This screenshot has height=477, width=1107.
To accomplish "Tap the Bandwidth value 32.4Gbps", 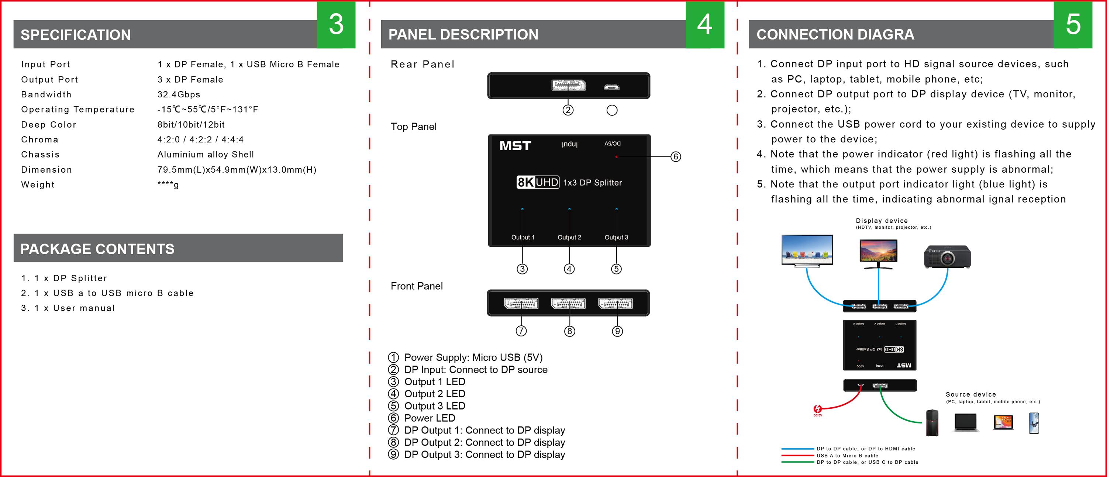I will (x=179, y=94).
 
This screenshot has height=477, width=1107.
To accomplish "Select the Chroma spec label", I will (x=39, y=140).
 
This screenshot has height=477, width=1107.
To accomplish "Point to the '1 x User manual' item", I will (x=75, y=308).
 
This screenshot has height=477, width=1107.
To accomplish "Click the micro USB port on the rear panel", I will (x=611, y=87).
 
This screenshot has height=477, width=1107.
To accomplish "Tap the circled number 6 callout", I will (x=676, y=157).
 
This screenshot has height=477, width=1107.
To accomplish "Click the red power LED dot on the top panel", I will (x=616, y=157).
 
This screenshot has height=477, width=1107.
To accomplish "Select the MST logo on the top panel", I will (x=515, y=146).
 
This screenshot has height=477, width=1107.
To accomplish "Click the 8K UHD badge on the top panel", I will (x=538, y=183).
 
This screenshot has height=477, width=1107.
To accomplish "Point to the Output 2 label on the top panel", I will (x=569, y=237).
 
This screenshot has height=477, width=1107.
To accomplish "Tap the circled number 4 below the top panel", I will (x=569, y=269).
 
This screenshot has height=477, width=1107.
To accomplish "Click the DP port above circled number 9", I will (x=615, y=304).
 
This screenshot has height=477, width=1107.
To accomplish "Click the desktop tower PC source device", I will (x=932, y=423).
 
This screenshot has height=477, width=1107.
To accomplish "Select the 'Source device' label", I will (x=971, y=394).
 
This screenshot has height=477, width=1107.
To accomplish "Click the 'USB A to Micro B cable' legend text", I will (x=848, y=456).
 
